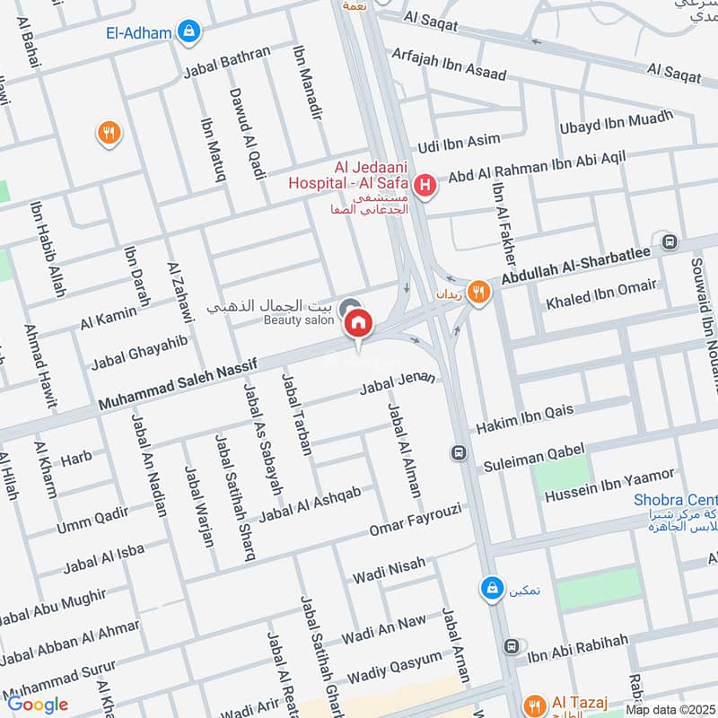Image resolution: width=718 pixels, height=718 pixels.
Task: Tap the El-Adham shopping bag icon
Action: pyautogui.click(x=188, y=32)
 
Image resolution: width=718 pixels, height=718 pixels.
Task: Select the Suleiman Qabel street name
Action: pyautogui.click(x=534, y=458)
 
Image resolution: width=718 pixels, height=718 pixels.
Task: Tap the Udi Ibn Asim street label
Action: pyautogui.click(x=459, y=144)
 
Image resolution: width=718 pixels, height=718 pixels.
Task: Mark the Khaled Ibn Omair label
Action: pyautogui.click(x=601, y=295)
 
